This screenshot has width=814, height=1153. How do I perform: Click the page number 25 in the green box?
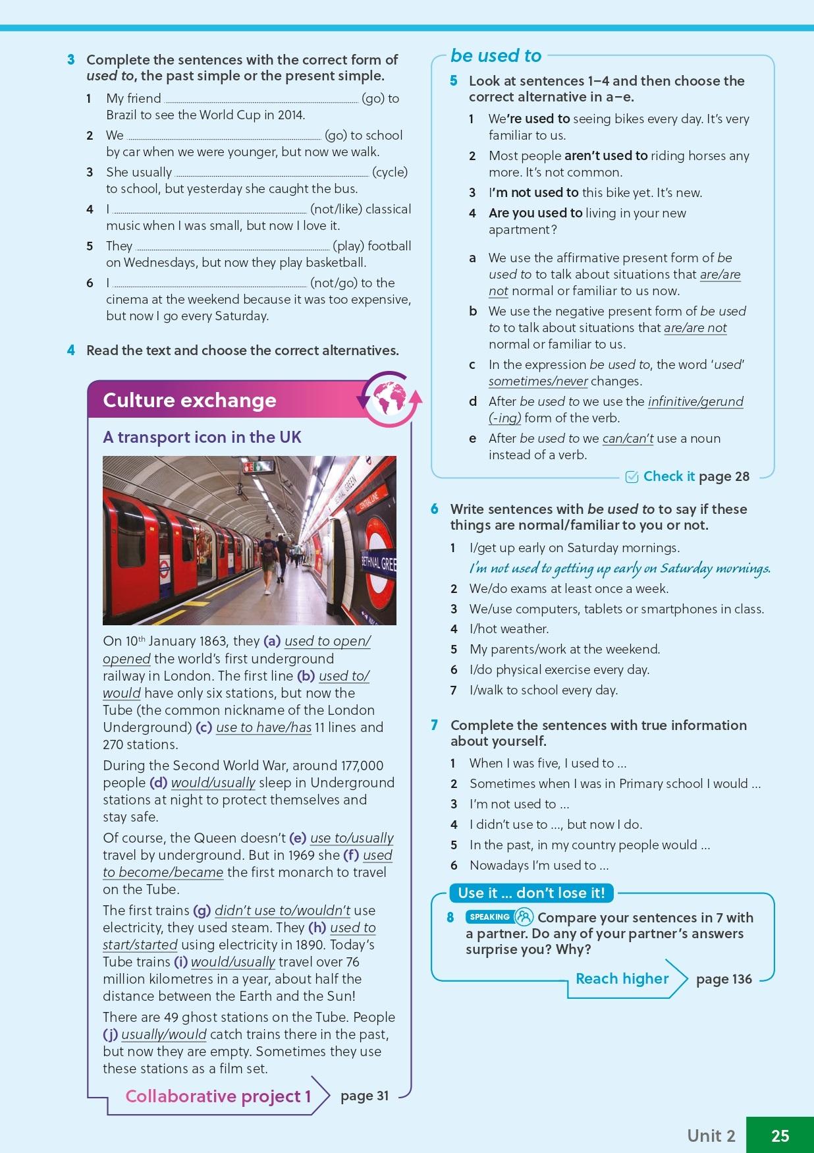pyautogui.click(x=780, y=1135)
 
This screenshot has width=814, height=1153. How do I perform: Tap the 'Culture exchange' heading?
pyautogui.click(x=190, y=401)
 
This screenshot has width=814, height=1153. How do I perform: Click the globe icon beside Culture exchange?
pyautogui.click(x=389, y=399)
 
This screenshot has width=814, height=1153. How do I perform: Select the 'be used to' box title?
pyautogui.click(x=496, y=56)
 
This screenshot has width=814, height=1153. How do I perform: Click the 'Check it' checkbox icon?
pyautogui.click(x=632, y=477)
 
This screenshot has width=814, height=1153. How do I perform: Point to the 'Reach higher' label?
pyautogui.click(x=622, y=978)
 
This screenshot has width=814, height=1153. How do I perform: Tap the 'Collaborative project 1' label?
pyautogui.click(x=218, y=1096)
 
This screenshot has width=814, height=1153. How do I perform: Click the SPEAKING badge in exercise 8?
pyautogui.click(x=489, y=916)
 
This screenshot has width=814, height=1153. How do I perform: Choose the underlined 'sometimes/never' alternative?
pyautogui.click(x=538, y=381)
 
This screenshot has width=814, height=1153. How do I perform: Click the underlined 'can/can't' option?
pyautogui.click(x=628, y=438)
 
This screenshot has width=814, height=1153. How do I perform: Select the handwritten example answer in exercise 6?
pyautogui.click(x=619, y=568)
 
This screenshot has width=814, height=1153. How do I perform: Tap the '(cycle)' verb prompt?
pyautogui.click(x=390, y=172)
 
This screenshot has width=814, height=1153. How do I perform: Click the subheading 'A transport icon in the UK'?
pyautogui.click(x=202, y=437)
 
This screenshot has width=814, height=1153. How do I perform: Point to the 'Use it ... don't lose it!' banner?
pyautogui.click(x=531, y=893)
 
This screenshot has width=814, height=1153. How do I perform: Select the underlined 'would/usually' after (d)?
pyautogui.click(x=213, y=782)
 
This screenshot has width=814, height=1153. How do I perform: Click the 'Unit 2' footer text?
pyautogui.click(x=711, y=1135)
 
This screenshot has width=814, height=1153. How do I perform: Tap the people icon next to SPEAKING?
pyautogui.click(x=524, y=916)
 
